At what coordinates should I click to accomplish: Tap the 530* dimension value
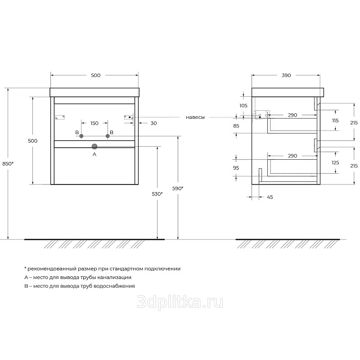157,194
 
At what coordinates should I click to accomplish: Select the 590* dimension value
178,189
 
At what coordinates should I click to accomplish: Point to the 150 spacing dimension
94,123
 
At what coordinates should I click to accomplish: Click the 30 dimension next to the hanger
153,123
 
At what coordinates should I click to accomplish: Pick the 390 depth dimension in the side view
286,75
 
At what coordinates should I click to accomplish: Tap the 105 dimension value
243,106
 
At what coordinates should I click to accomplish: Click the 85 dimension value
236,126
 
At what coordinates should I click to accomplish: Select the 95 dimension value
236,167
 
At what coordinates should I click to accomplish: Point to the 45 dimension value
270,197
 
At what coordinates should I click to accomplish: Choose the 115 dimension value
335,121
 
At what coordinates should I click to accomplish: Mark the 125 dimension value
335,162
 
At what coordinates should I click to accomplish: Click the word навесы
195,117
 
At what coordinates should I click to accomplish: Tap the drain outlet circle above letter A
94,146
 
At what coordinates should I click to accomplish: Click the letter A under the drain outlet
94,154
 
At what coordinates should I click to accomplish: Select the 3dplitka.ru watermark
180,302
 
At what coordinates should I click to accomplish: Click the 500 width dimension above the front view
95,75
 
